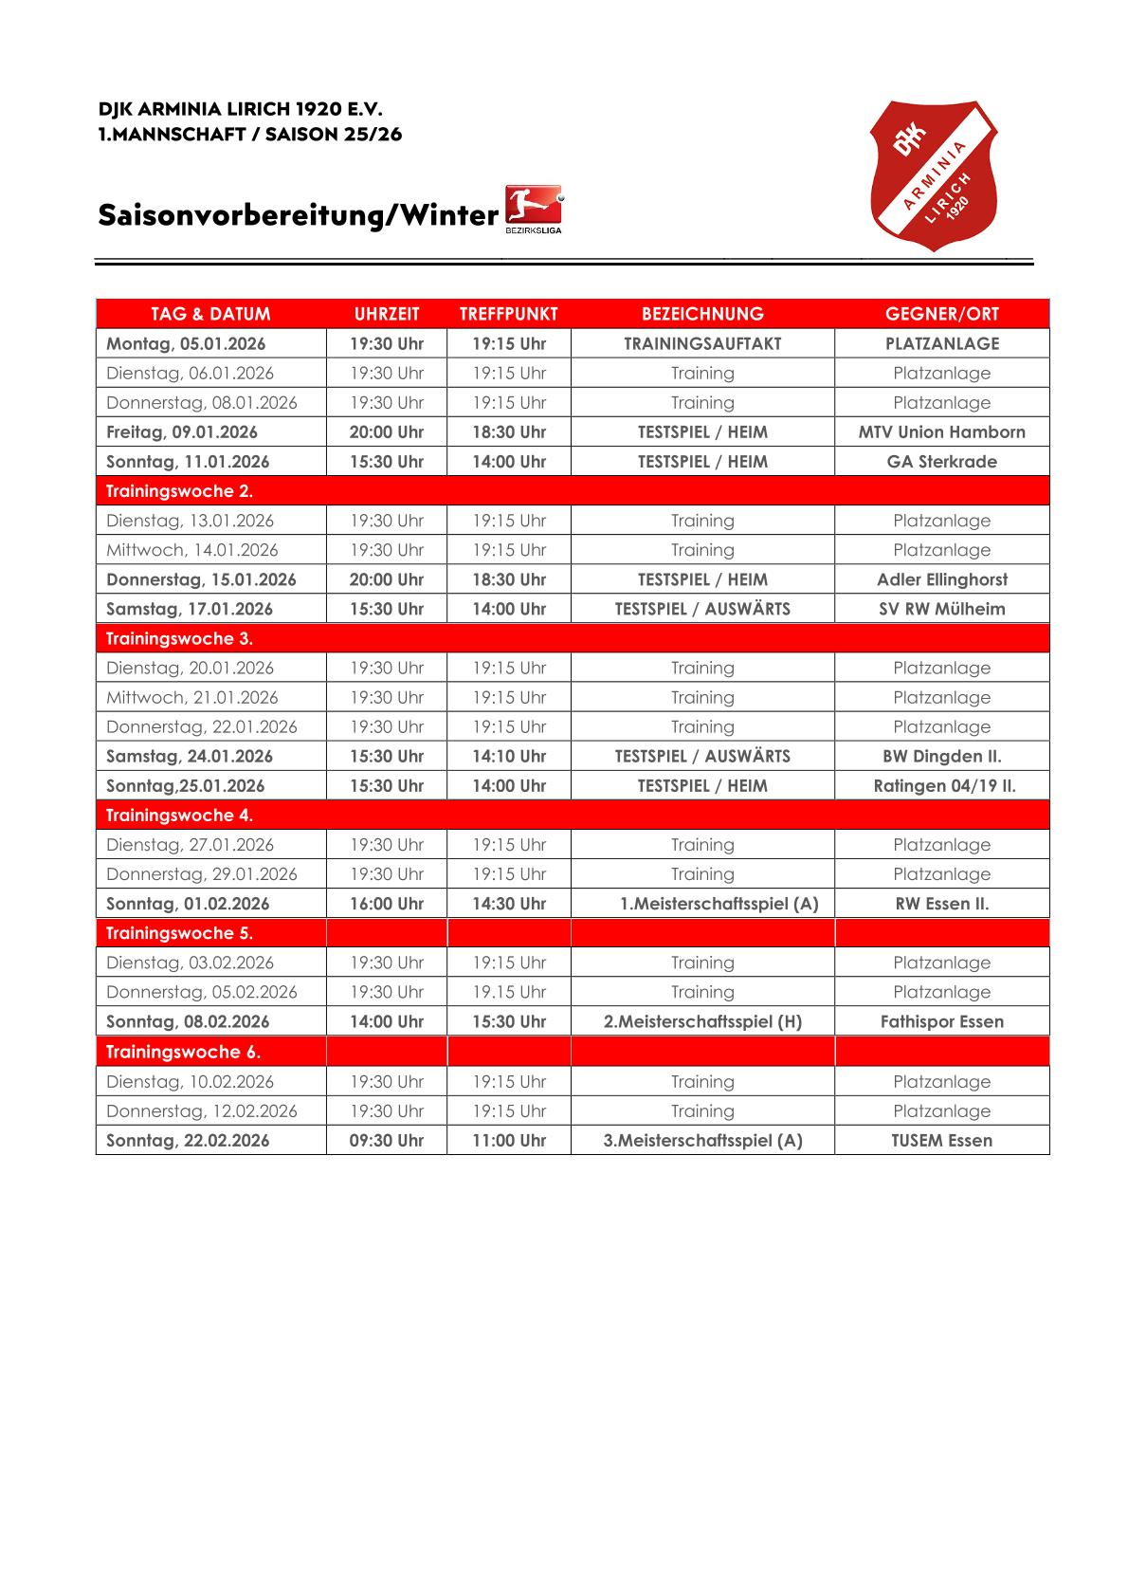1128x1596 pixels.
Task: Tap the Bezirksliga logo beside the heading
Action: point(534,210)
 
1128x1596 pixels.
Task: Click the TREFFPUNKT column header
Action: point(509,314)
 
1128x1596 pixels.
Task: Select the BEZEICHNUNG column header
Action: point(702,314)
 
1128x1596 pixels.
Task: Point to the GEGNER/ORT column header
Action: point(941,314)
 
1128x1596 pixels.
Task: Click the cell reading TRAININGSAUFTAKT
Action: point(702,343)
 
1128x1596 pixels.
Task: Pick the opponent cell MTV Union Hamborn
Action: point(941,431)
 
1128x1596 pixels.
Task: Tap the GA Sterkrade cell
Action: point(941,462)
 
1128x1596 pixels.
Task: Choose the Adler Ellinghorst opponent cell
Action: point(941,579)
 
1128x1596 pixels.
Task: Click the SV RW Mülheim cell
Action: point(941,609)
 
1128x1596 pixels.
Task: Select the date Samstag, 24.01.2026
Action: point(190,756)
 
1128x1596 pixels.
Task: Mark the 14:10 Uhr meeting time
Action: point(509,756)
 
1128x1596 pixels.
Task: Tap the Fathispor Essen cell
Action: point(941,1021)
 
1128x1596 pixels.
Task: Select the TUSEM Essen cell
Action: point(941,1140)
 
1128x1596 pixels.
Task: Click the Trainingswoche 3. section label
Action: point(179,638)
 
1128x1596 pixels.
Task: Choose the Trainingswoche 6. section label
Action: point(183,1052)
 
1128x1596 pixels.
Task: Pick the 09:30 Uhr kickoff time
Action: point(386,1140)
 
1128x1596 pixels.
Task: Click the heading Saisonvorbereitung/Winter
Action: point(298,215)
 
